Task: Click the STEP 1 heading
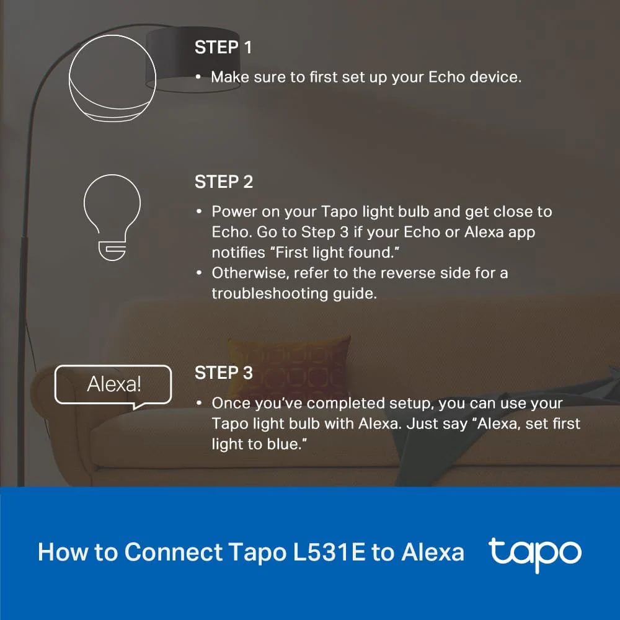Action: (x=223, y=48)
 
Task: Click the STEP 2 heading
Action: (x=224, y=182)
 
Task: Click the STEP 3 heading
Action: (x=224, y=373)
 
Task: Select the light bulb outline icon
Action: (x=112, y=215)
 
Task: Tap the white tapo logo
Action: (x=534, y=553)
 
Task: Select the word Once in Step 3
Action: (x=230, y=403)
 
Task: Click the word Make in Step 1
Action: (x=229, y=77)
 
